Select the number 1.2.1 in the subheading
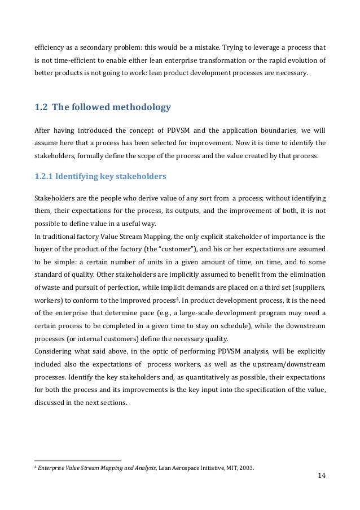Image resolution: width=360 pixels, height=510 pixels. [46, 177]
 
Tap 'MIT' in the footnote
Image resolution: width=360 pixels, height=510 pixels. [228, 467]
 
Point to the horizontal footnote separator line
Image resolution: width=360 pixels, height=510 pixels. [77, 460]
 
